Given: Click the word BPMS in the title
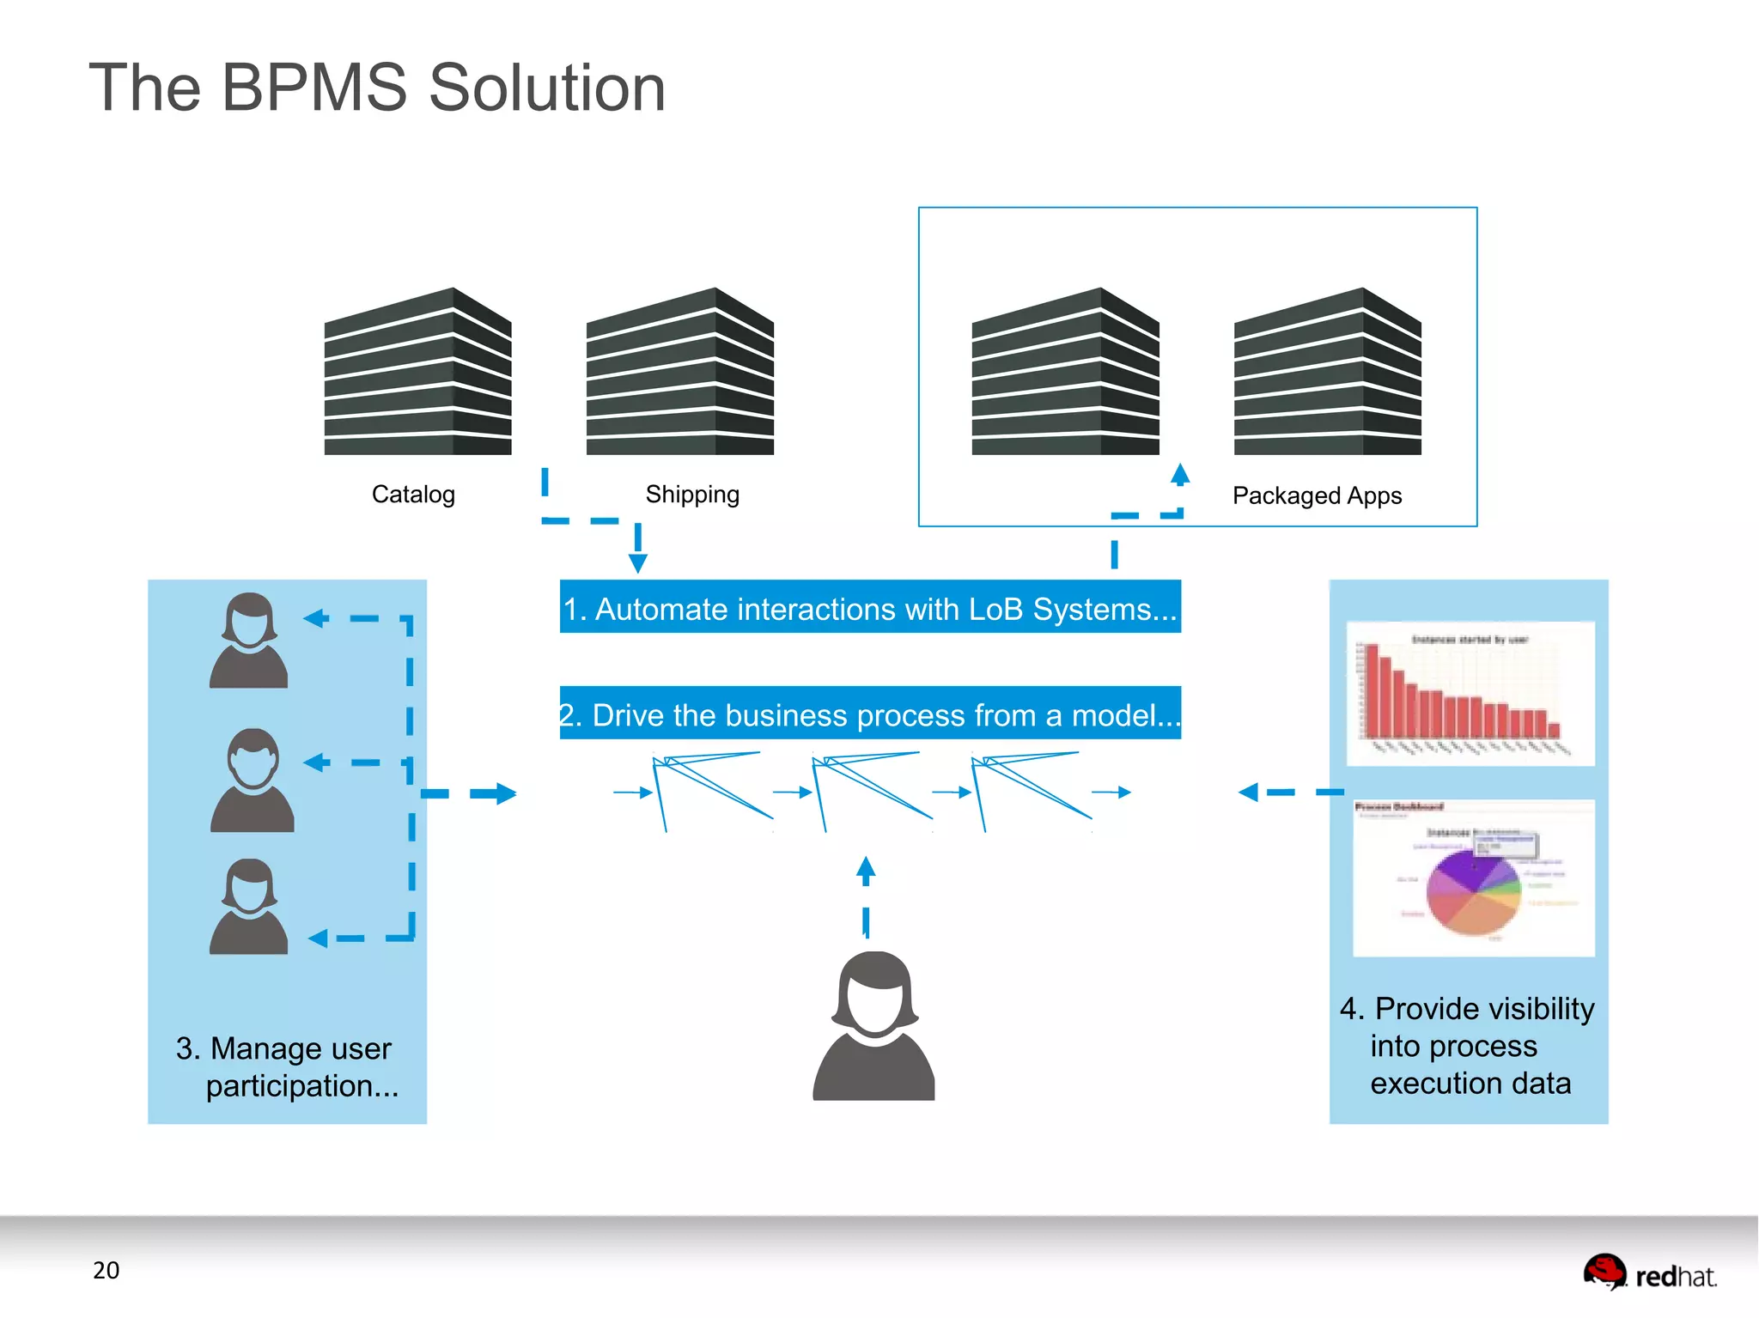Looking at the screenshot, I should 314,88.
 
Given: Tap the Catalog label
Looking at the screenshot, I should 413,495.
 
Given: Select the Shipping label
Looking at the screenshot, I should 692,495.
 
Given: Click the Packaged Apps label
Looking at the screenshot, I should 1317,495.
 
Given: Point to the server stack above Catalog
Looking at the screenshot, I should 418,373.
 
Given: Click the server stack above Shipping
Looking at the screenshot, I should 680,373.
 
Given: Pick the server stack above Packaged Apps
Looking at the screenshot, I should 1328,373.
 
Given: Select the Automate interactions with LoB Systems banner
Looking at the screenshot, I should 870,608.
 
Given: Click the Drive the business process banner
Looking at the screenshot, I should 870,714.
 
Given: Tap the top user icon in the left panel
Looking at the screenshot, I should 249,641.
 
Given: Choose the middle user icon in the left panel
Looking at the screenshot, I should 253,780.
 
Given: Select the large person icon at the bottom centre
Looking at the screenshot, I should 873,1027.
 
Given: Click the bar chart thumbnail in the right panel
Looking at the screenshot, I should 1470,694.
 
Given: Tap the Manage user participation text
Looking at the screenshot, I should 287,1066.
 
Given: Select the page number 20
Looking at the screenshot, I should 107,1270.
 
